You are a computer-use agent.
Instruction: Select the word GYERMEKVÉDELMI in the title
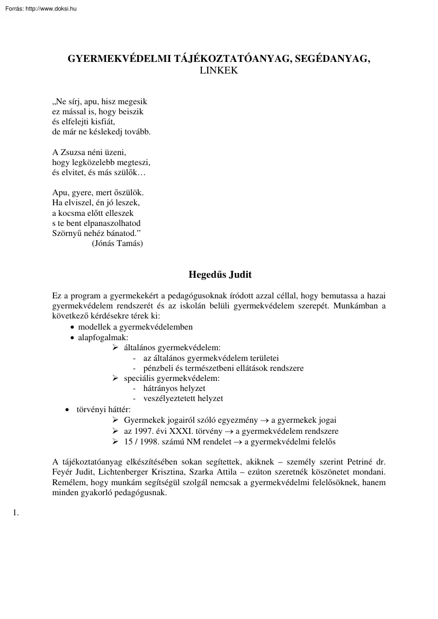coord(117,59)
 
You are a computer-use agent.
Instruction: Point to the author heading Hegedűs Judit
coord(220,275)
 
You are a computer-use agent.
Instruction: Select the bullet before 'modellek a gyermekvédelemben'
coord(73,327)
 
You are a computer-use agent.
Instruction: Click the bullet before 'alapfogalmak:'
coord(73,337)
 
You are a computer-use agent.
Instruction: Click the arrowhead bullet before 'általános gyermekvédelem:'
coord(115,348)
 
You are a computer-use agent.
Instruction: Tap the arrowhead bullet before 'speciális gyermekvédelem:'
coord(115,378)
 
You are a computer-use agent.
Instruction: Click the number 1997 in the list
coord(144,431)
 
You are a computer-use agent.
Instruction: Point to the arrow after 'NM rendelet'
coord(237,441)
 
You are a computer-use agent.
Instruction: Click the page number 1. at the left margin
coord(15,512)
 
